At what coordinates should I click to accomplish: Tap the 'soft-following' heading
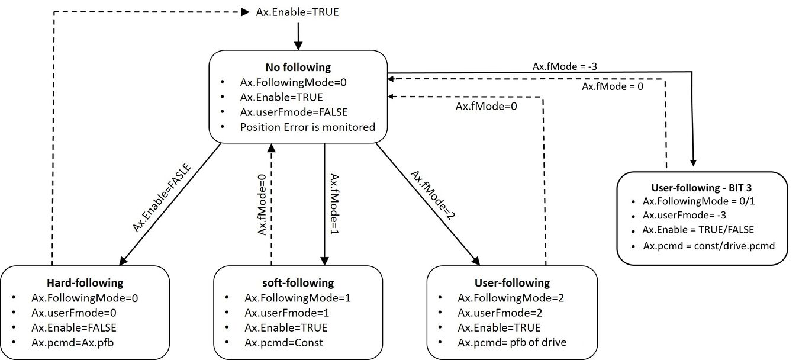[298, 282]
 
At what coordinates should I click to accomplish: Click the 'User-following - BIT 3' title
[702, 186]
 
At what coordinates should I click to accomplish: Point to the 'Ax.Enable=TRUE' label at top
[298, 11]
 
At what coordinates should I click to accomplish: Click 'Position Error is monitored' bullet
[307, 127]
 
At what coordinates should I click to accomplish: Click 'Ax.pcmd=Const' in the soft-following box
[284, 342]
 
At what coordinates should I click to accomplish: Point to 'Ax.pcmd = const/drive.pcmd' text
[708, 245]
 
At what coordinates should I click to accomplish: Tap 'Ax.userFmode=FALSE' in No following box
[285, 112]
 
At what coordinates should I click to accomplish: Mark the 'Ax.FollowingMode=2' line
[511, 298]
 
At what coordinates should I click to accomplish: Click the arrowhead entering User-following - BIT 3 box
[692, 163]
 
